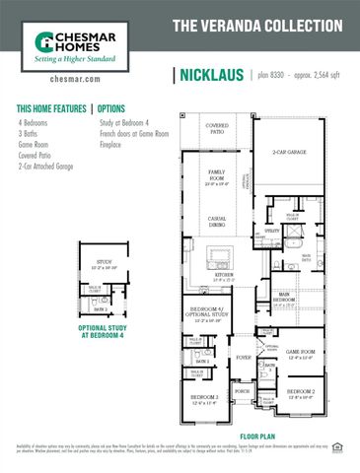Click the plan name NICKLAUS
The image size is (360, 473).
212,76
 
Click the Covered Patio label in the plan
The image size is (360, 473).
215,130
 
